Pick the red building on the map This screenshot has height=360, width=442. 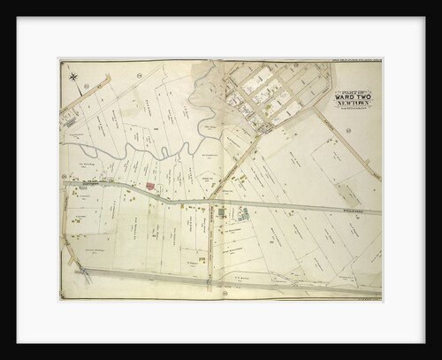pyautogui.click(x=149, y=188)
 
